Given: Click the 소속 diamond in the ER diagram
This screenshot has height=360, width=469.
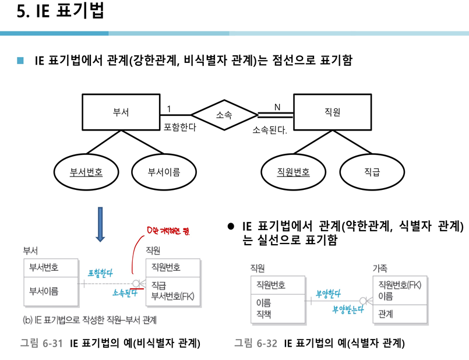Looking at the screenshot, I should [224, 115].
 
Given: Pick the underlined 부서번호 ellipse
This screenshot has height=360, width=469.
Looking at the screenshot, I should [86, 172].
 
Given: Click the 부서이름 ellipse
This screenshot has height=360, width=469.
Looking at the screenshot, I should [164, 172].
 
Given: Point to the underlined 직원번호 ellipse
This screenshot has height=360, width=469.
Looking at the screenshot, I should [293, 172].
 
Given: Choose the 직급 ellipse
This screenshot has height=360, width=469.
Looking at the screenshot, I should [372, 172].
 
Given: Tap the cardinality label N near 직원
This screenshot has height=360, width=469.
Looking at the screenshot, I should [277, 107].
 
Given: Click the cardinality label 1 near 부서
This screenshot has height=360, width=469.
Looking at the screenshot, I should [169, 108].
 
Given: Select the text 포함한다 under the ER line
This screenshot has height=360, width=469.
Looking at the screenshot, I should [180, 126].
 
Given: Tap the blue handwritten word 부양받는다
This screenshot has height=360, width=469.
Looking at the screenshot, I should [347, 309].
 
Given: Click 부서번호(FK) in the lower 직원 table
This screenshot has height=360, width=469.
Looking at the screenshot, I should [172, 295].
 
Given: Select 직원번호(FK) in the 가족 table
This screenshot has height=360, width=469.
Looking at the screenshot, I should [400, 284].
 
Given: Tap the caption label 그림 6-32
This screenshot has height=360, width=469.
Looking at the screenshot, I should [255, 343].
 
